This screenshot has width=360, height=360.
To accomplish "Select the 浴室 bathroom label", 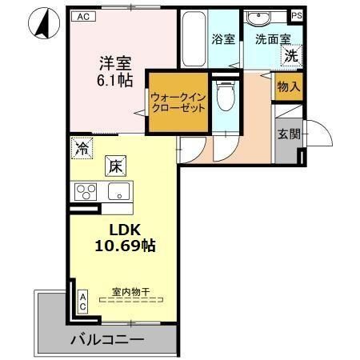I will click(223, 38).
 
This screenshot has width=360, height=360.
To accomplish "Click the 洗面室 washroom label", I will click(274, 38).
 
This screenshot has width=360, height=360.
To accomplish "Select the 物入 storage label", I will click(288, 87).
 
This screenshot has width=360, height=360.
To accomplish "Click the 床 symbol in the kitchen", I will click(115, 166).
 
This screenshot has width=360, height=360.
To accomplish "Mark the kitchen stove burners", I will click(86, 192).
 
